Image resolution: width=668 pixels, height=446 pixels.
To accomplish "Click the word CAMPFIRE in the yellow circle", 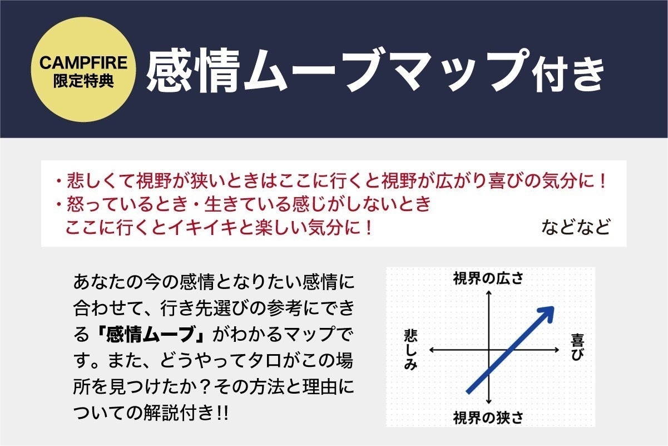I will click(x=83, y=62).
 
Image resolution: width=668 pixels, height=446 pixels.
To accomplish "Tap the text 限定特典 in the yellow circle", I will click(x=83, y=80).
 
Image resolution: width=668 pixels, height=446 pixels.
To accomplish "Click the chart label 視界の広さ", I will click(x=488, y=278).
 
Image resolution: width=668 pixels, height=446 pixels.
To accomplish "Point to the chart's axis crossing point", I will click(x=488, y=350).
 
